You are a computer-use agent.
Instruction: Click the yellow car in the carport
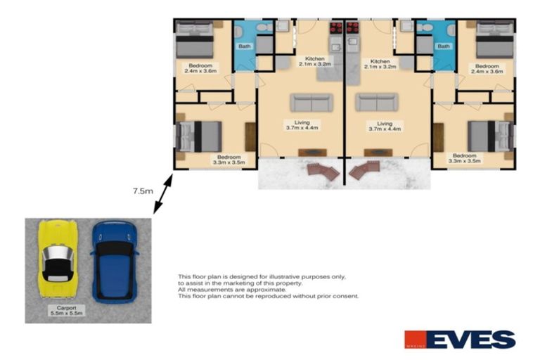tap(56, 260)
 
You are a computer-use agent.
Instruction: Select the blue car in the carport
tap(114, 262)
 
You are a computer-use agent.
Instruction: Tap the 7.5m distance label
tap(142, 190)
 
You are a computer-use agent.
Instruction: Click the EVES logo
tap(460, 340)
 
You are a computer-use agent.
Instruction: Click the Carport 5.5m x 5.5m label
tap(67, 311)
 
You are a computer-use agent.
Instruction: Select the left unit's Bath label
tap(245, 47)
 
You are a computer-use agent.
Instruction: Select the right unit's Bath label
tap(444, 47)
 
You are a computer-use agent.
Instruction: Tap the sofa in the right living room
tap(376, 103)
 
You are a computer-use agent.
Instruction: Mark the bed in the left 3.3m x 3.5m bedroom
tap(201, 135)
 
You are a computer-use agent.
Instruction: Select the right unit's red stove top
tap(354, 28)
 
